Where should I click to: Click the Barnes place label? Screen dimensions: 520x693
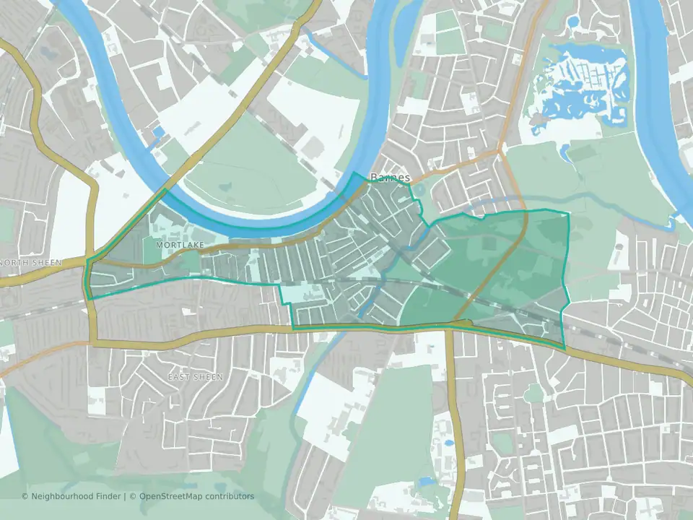[x=390, y=177]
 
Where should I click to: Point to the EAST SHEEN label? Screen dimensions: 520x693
[x=195, y=377]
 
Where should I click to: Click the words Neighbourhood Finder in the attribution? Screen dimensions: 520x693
[x=73, y=496]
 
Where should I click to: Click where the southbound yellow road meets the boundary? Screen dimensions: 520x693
[x=449, y=328]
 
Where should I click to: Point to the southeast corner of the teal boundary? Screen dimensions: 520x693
[x=565, y=348]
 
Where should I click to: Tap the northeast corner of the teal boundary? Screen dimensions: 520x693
[x=568, y=213]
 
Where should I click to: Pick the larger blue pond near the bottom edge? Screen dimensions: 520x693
[x=426, y=480]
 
